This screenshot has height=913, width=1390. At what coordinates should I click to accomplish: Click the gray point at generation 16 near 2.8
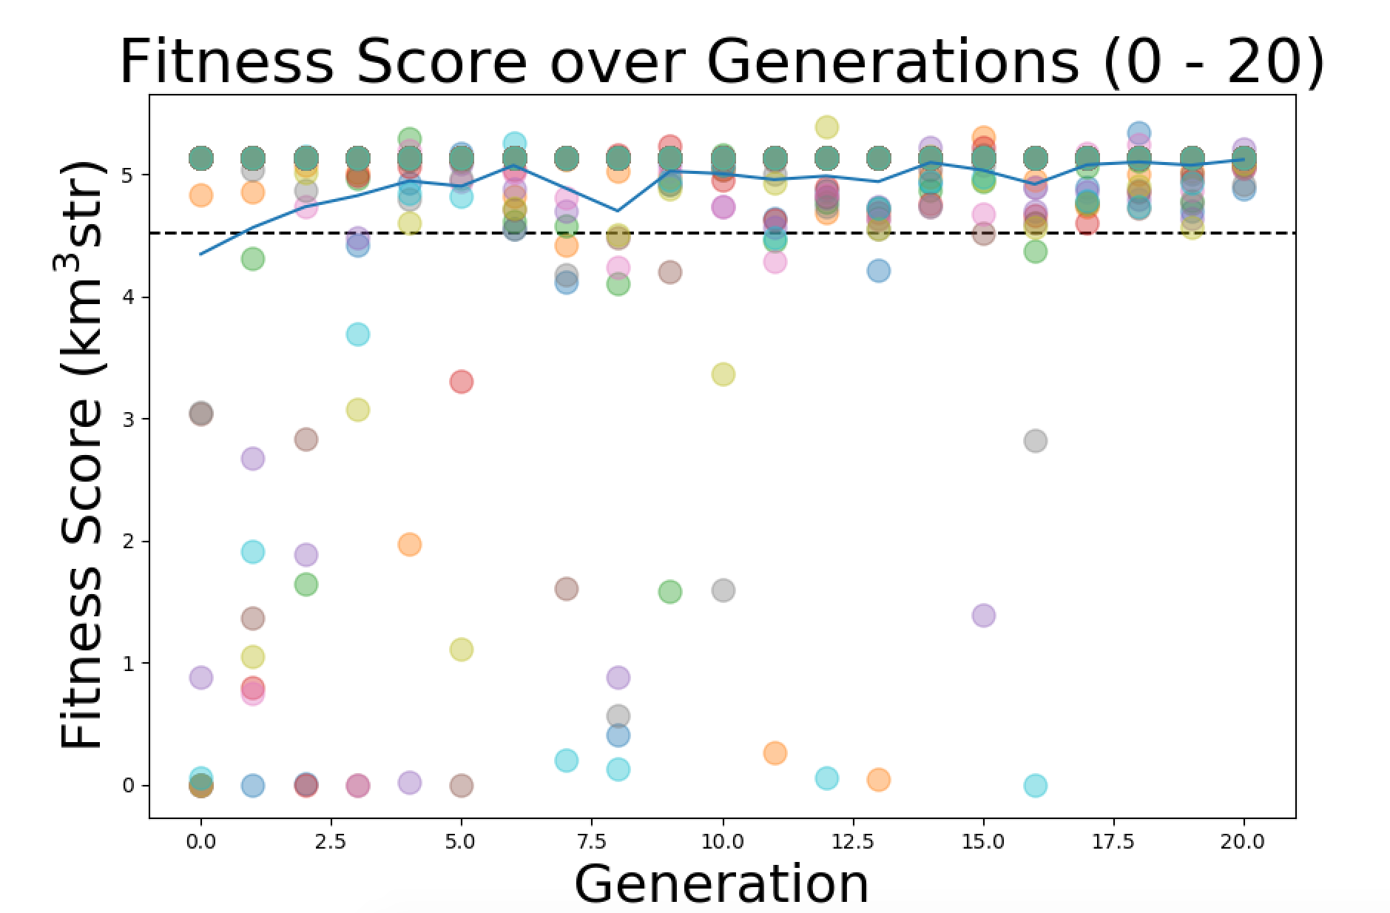click(1035, 441)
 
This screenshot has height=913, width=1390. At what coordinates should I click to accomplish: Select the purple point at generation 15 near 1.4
click(983, 616)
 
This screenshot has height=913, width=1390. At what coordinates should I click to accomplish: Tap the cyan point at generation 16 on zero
click(1035, 785)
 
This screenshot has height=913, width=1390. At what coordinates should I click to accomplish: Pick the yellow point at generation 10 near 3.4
click(723, 374)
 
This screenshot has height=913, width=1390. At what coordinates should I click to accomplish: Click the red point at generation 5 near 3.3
click(461, 382)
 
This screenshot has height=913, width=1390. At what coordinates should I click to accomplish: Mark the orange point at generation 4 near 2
click(409, 545)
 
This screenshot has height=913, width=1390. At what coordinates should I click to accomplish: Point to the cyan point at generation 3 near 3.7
click(357, 334)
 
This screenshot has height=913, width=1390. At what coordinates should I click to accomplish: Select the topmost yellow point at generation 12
click(826, 127)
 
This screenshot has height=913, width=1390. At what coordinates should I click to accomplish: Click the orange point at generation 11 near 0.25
click(775, 753)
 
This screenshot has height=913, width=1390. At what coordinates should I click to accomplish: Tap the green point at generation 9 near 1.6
click(669, 592)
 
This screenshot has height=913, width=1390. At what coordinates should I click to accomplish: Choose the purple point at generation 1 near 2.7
click(252, 459)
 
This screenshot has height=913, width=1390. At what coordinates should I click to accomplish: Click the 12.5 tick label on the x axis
click(853, 841)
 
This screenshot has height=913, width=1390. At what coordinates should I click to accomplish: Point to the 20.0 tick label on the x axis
click(1243, 841)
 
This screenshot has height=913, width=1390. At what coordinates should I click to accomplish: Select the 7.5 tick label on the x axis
click(592, 841)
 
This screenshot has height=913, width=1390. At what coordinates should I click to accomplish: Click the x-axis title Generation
click(721, 883)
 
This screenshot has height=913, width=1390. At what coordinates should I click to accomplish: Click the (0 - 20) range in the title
click(1213, 62)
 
